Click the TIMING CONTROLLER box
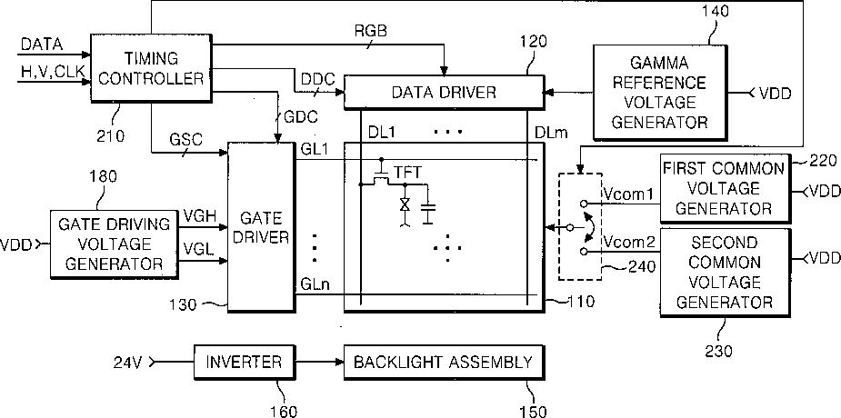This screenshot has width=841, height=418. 151,68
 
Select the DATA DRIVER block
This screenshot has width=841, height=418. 443,92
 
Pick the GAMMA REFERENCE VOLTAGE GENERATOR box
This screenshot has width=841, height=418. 660,93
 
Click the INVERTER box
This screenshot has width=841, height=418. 244,363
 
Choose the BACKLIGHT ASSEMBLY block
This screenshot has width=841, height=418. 443,363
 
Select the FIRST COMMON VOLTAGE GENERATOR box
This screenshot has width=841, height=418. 725,189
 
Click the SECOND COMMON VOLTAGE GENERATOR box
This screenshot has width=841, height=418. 725,273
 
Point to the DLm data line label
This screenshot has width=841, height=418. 548,132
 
